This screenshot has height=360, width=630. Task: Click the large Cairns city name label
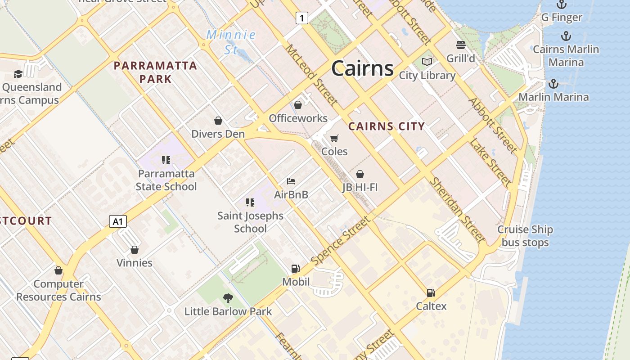coord(362,68)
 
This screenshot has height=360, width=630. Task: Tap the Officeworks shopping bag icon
coord(298,105)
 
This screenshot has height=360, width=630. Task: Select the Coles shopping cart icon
coord(334,138)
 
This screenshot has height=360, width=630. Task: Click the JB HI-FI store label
coord(360,187)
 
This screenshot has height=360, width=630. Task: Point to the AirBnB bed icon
coord(291,181)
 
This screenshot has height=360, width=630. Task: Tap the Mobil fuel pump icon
coord(296,269)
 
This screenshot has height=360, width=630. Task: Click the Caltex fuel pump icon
coord(431,293)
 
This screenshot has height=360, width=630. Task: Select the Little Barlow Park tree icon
coord(228,298)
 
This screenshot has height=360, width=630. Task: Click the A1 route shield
coord(117,221)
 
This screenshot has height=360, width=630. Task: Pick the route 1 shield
coord(301,18)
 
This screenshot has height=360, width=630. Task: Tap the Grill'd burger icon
coord(460,45)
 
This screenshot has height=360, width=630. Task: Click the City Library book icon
coord(427,62)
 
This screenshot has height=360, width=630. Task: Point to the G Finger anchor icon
coord(561,4)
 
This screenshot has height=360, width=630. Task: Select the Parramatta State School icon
coord(166,160)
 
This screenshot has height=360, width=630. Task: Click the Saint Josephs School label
coord(250,222)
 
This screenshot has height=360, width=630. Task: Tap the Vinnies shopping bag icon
coord(134,250)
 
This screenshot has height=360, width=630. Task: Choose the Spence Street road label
coord(341,241)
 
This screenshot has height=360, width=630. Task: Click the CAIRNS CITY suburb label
coord(387,126)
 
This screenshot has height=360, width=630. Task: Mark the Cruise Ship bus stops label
coord(525,236)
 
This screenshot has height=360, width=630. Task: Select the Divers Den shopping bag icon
coord(218,121)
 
